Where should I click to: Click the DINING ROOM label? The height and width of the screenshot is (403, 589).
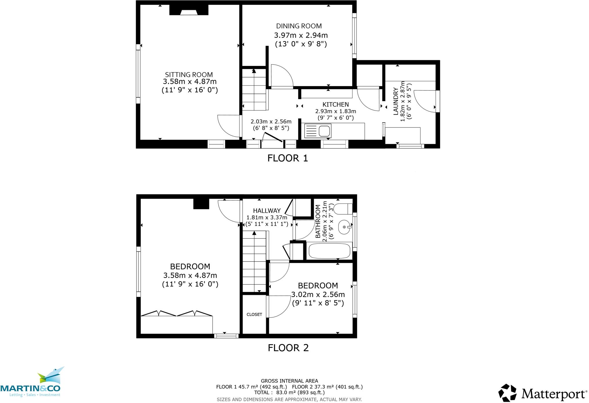[299, 26]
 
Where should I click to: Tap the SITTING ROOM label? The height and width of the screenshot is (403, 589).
[189, 75]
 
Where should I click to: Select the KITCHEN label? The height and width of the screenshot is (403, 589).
[336, 104]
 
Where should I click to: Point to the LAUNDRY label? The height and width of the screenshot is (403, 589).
[396, 102]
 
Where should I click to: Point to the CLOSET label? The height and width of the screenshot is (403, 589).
[254, 314]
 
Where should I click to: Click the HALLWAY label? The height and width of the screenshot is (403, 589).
[267, 211]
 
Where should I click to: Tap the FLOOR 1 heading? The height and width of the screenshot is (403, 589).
[288, 158]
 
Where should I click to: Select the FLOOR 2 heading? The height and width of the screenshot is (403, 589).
[288, 348]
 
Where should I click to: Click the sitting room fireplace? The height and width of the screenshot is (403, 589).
[189, 10]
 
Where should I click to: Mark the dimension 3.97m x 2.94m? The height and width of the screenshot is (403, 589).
[301, 35]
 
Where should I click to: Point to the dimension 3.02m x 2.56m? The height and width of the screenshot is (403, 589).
[318, 294]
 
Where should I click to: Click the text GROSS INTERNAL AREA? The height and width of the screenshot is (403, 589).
[289, 381]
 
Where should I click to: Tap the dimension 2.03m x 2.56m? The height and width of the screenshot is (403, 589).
[271, 121]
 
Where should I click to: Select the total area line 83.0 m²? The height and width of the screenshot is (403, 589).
[289, 392]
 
